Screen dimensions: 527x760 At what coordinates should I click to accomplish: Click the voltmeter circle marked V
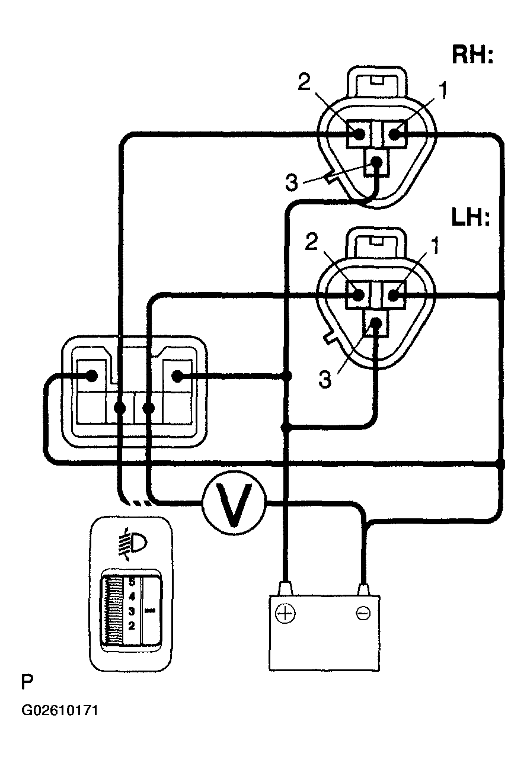[x=234, y=504]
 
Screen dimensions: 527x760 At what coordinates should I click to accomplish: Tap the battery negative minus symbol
[x=363, y=613]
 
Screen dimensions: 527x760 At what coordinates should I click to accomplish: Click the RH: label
[x=472, y=54]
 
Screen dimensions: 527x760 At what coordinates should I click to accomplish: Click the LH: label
[x=471, y=217]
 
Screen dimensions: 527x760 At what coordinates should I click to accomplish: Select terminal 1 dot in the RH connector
[x=395, y=134]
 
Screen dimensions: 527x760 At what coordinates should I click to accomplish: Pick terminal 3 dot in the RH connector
[x=376, y=162]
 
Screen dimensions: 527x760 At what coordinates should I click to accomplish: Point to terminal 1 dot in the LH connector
[x=393, y=295]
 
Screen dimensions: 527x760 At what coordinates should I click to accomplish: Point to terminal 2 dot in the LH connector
[x=358, y=295]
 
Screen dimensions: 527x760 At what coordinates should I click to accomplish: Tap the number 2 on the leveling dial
[x=132, y=626]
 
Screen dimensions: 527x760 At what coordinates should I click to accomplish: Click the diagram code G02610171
[x=60, y=710]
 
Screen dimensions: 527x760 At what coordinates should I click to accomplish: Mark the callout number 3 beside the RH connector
[x=291, y=182]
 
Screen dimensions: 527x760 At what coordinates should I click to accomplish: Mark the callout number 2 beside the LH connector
[x=311, y=243]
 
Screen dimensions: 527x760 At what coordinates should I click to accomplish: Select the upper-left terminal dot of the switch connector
[x=91, y=376]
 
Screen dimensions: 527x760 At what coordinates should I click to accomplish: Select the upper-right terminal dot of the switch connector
[x=177, y=376]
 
